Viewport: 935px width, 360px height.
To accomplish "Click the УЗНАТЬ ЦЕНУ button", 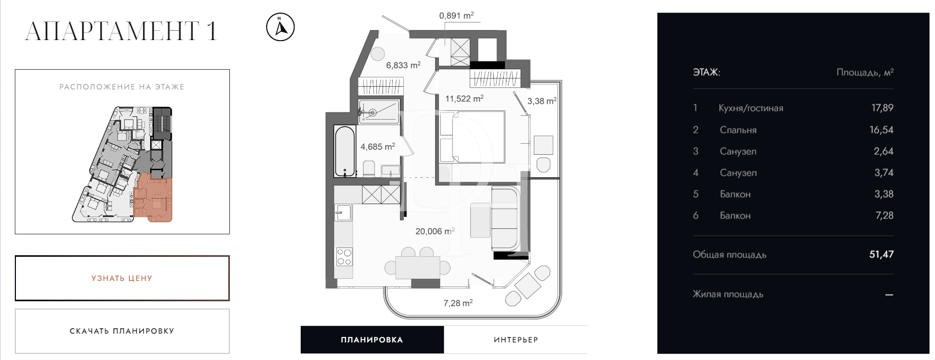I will [x=122, y=278].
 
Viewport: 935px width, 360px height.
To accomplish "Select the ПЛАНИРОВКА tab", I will [x=372, y=340].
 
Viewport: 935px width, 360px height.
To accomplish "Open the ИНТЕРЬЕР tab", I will [x=516, y=340].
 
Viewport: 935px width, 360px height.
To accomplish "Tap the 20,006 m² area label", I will [x=435, y=232].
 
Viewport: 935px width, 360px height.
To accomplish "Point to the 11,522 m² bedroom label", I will [x=464, y=99].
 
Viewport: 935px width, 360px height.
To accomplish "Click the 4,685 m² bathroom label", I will [x=378, y=147].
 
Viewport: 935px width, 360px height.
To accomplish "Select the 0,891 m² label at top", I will [x=456, y=16].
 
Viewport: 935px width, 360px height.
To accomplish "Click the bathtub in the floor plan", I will [x=345, y=150].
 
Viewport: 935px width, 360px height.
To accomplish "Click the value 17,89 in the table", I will [x=882, y=108].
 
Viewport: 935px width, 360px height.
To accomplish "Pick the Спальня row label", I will [x=737, y=130].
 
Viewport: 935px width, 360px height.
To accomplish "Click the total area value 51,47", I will [x=881, y=255].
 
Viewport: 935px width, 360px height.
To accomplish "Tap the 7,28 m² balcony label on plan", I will [x=458, y=303].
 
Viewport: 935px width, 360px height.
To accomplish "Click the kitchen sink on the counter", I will [x=343, y=211].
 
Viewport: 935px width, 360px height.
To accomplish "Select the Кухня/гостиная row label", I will [x=751, y=108].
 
